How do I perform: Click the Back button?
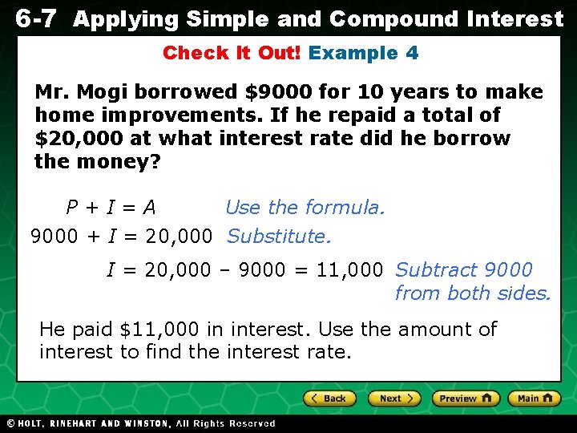point(329,399)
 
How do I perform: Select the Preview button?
point(466,399)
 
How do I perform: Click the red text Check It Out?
point(232,54)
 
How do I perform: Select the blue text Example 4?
point(363,54)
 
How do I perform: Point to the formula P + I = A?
point(111,208)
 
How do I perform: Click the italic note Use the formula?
point(305,208)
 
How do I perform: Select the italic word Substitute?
point(279,237)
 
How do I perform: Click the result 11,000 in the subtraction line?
point(349,270)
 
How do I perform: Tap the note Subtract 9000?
point(463,270)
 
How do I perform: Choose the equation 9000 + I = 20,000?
point(121,237)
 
